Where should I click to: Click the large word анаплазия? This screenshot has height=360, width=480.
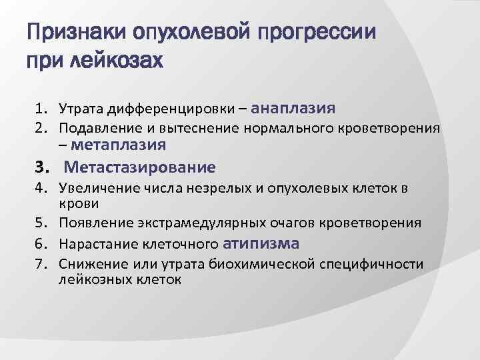click(295, 107)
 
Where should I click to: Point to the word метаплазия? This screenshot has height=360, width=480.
click(118, 144)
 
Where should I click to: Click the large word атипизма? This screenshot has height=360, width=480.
click(262, 243)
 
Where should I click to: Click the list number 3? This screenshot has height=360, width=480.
click(42, 167)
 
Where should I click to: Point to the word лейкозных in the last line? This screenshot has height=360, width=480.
click(89, 279)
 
